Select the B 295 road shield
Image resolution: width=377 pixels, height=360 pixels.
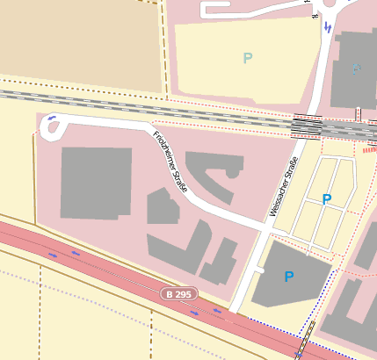[179, 292]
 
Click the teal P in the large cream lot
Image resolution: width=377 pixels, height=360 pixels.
[248, 58]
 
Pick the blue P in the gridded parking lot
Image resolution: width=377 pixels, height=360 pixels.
[327, 199]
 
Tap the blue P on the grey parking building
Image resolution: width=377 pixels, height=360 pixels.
[288, 277]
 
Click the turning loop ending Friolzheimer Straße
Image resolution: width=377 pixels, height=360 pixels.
[52, 129]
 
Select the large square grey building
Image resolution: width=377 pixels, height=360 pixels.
[96, 182]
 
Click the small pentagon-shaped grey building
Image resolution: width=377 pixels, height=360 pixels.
[162, 207]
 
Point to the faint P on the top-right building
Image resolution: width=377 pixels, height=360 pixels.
[356, 68]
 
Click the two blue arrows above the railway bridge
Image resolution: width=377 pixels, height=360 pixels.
[328, 27]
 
